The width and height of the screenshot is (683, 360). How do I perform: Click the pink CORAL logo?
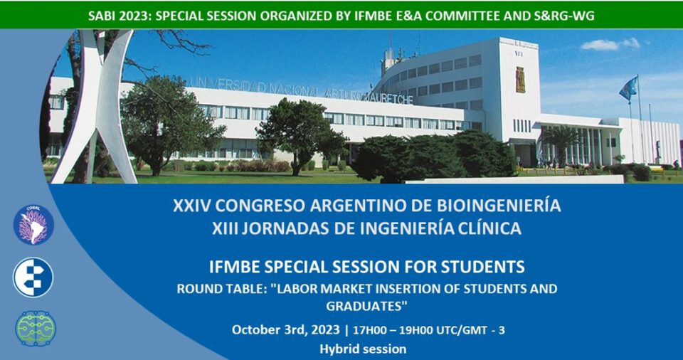click(x=33, y=225)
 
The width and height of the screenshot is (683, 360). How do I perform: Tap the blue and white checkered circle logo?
click(x=33, y=277)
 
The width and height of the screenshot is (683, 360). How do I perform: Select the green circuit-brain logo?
click(x=36, y=329)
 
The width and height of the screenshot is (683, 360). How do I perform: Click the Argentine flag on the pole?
click(x=628, y=88)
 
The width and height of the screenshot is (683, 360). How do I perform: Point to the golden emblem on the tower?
click(x=520, y=80)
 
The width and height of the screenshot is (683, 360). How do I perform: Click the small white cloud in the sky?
click(x=610, y=44)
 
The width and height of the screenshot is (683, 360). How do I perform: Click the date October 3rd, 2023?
click(x=285, y=330)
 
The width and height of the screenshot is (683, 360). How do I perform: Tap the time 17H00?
click(x=369, y=330)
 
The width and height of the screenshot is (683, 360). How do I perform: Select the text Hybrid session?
click(x=363, y=349)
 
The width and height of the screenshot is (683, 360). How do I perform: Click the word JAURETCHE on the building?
click(x=388, y=97)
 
